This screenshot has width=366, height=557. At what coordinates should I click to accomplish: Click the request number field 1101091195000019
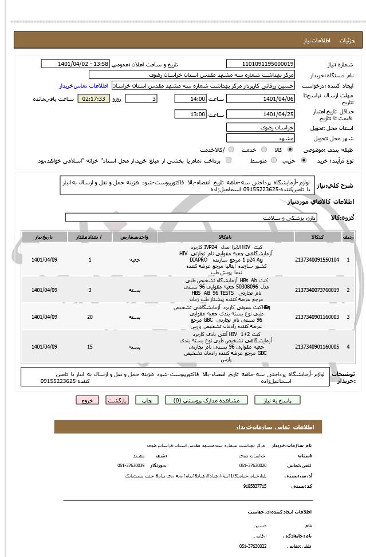[x=261, y=64]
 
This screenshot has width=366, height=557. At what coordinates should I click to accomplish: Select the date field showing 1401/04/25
[x=261, y=114]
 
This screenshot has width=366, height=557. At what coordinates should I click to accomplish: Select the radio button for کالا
[x=289, y=149]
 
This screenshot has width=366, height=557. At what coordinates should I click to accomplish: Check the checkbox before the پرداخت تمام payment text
[x=229, y=160]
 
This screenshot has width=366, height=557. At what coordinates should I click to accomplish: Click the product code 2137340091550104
[x=317, y=260]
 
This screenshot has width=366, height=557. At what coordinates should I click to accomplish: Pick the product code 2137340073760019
[x=317, y=290]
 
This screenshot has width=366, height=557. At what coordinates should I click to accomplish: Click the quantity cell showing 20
[x=90, y=317]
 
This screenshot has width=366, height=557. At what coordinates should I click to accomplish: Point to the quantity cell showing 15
[x=90, y=347]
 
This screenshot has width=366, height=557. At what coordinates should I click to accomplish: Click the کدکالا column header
[x=317, y=236]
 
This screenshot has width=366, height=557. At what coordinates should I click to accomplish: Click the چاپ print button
[x=147, y=400]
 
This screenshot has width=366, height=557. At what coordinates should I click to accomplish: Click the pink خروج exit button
[x=87, y=400]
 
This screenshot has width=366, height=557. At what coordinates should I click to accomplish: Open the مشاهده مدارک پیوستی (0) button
[x=210, y=400]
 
